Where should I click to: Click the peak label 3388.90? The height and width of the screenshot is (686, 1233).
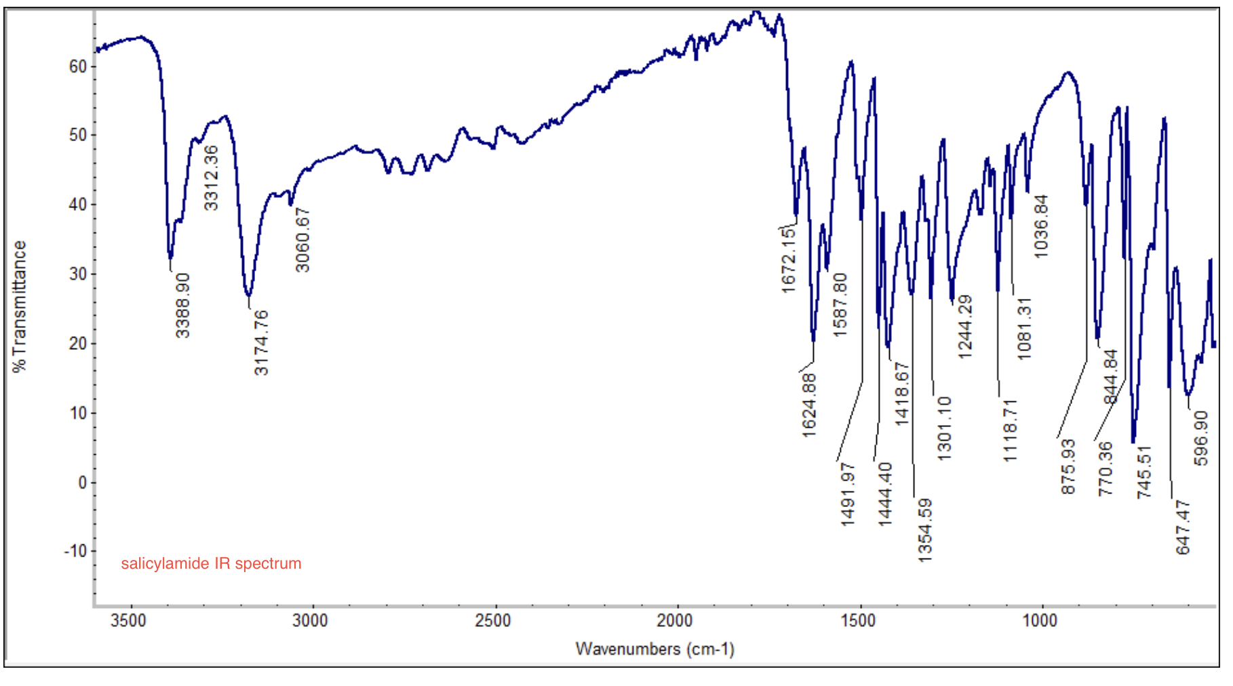coord(182,306)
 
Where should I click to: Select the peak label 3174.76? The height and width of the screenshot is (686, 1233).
coord(261,343)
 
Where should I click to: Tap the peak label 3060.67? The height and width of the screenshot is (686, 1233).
coord(302,240)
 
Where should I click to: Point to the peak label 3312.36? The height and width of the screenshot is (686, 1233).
coord(211,178)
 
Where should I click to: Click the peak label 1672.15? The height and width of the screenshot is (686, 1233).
coord(787,260)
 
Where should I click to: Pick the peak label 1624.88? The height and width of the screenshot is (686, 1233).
coord(808,405)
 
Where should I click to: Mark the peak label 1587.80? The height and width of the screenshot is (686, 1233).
coord(840,305)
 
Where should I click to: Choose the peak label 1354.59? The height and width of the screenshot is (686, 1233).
coord(925,530)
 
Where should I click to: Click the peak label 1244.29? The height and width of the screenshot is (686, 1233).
coord(964,327)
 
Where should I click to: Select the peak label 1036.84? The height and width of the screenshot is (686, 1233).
coord(1041,226)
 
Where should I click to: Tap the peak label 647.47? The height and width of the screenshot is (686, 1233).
coord(1183,527)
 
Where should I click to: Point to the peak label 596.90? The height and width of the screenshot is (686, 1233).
coord(1201,438)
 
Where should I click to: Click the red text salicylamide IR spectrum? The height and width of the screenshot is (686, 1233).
coord(211,563)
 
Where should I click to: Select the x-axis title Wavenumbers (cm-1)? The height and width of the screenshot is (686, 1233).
coord(654,649)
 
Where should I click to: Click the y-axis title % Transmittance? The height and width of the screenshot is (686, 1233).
coord(19,306)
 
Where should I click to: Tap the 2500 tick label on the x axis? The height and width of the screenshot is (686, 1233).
coord(493,620)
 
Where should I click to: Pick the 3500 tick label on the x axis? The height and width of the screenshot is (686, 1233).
coord(128,620)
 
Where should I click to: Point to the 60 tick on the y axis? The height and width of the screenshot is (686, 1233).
coord(78,66)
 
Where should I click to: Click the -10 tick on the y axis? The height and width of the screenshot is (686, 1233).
coord(75,551)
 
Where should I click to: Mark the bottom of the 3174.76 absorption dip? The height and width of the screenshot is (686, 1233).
coord(249,296)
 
